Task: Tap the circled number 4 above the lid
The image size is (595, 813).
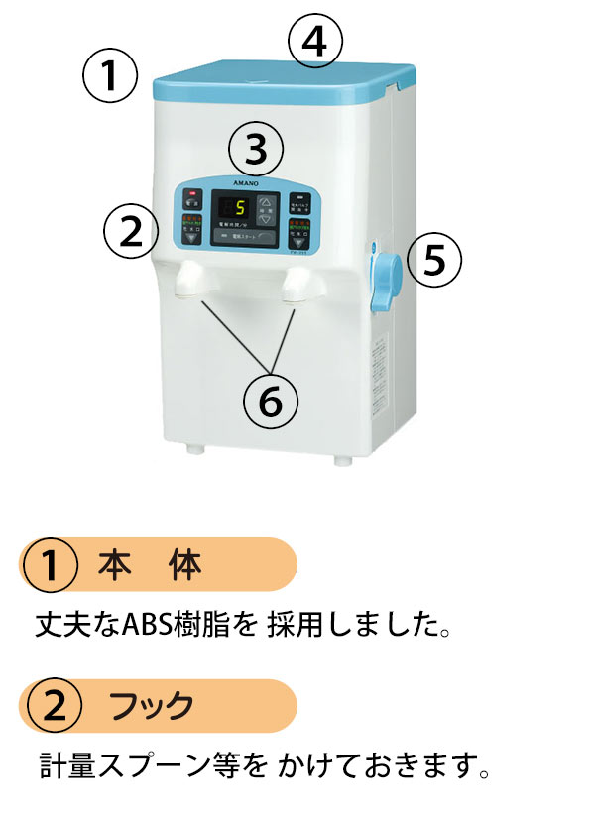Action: [x=315, y=43]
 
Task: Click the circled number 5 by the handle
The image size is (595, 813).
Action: [x=434, y=258]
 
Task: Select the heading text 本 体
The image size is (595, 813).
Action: [x=150, y=565]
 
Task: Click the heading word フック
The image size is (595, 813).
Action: [x=152, y=707]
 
